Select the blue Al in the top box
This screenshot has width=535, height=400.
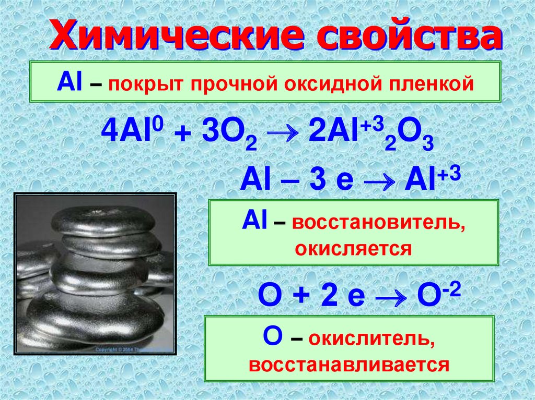(x=69, y=82)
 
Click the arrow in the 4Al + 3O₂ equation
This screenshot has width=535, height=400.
(x=283, y=134)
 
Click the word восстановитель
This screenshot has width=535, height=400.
(x=378, y=224)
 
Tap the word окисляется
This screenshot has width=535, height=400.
(x=353, y=249)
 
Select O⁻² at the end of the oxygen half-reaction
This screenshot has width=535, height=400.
(x=439, y=294)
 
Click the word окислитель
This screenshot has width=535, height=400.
(x=371, y=340)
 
